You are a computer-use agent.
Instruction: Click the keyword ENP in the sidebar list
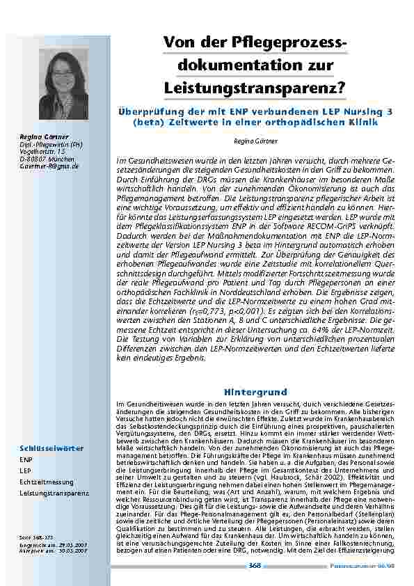26,460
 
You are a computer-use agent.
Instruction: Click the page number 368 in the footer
255,566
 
